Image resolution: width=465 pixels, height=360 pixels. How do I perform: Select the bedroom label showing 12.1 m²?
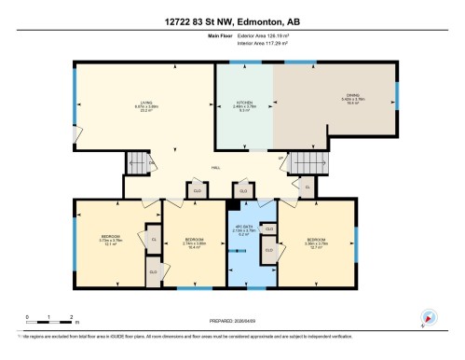click(x=111, y=242)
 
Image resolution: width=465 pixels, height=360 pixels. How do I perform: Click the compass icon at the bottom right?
click(x=430, y=317)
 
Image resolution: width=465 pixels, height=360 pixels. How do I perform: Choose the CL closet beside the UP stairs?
click(x=308, y=187)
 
